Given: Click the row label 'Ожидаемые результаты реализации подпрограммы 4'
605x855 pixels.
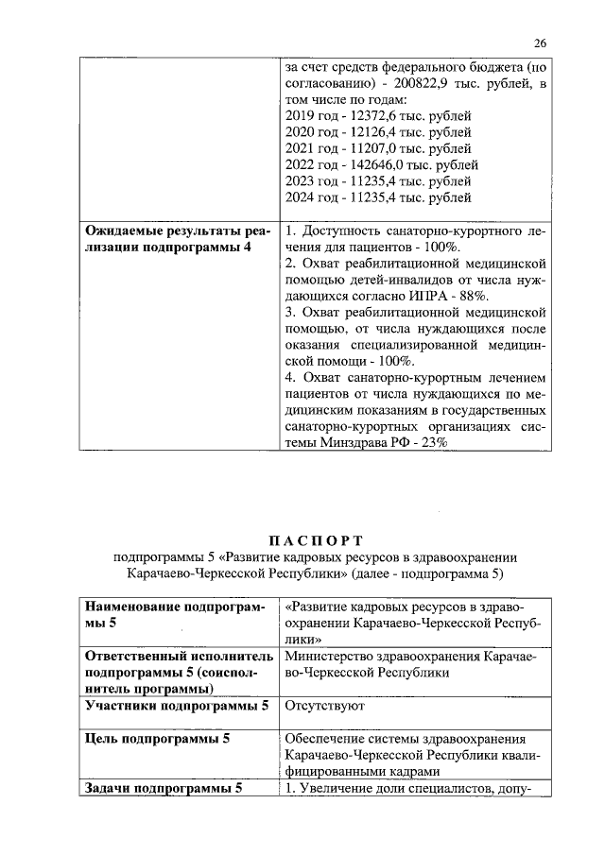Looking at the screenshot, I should coord(177,239).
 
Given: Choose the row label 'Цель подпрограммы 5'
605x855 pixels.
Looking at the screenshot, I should coord(158,738).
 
